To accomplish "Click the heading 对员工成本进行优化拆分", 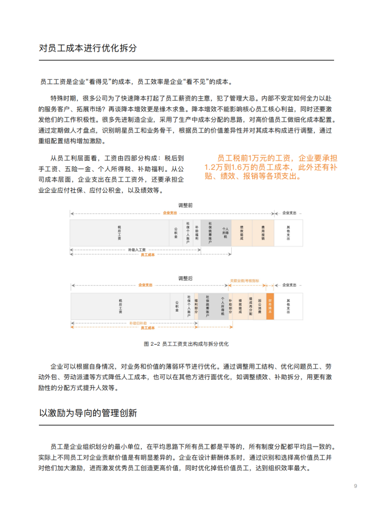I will point(88,48).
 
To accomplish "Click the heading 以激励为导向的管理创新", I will point(88,413).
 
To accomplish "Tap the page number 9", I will point(356,486).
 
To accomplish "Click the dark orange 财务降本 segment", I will point(270,306).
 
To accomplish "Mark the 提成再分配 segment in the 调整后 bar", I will point(250,306).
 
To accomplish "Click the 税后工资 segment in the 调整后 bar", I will point(121,306).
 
